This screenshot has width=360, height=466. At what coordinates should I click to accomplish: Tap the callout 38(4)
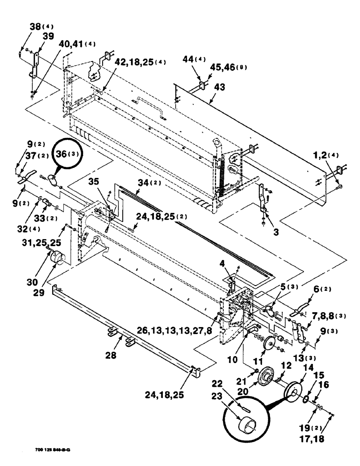coord(29,27)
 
